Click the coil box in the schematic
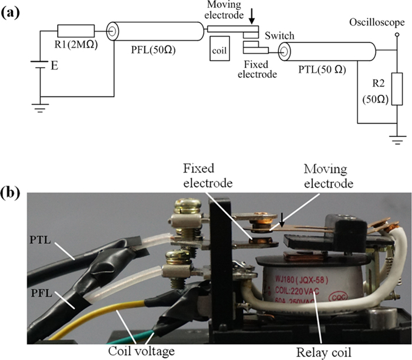click(224, 49)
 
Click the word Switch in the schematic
click(280, 36)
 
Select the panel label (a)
click(11, 11)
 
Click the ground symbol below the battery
click(40, 108)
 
